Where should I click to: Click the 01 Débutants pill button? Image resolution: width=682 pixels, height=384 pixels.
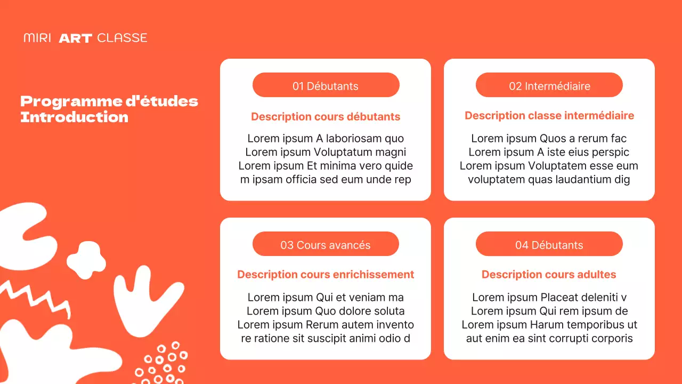[x=326, y=85]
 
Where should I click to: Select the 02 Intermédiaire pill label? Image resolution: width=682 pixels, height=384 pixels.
[x=549, y=85]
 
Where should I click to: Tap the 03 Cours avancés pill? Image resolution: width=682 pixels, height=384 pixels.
[x=326, y=244]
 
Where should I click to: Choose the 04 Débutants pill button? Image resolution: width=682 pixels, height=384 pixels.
[x=549, y=244]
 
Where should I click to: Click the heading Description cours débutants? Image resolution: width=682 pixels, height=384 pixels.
[x=326, y=116]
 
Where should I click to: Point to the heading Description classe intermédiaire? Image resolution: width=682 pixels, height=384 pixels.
[x=549, y=115]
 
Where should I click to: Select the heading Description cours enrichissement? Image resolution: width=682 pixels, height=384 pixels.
[x=326, y=274]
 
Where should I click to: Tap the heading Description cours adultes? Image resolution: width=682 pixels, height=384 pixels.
[x=549, y=274]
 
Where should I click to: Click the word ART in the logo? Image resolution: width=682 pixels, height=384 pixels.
[x=75, y=38]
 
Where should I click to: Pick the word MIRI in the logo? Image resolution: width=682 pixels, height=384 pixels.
[x=37, y=38]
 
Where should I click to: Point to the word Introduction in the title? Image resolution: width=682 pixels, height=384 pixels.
[x=74, y=117]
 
